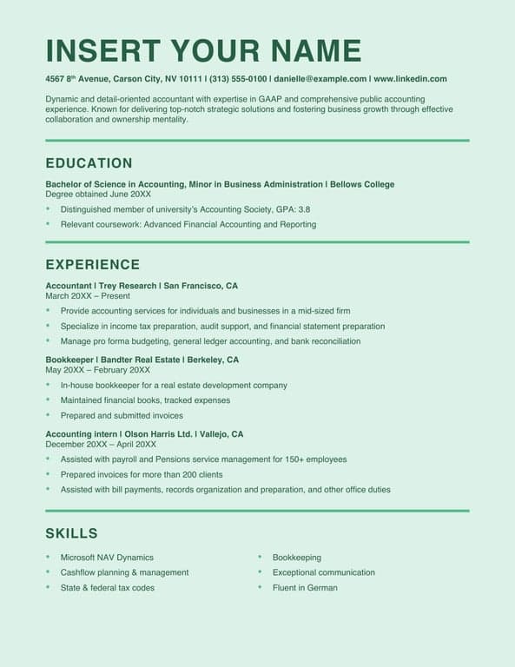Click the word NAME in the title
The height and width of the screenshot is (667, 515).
click(316, 50)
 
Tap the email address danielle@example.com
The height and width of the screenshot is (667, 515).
click(320, 78)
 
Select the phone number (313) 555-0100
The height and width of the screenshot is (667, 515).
click(239, 78)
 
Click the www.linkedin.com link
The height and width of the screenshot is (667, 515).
click(410, 78)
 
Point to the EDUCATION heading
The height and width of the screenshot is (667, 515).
click(89, 163)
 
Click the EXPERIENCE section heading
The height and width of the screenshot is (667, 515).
click(92, 265)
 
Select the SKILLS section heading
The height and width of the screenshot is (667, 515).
click(71, 533)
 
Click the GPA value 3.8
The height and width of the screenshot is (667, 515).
click(304, 209)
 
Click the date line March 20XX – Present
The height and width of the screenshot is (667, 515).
click(88, 296)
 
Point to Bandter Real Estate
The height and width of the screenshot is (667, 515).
click(145, 360)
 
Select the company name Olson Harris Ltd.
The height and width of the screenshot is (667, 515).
click(158, 434)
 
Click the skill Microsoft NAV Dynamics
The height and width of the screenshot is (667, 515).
click(107, 558)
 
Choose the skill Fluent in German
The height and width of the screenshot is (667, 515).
click(305, 588)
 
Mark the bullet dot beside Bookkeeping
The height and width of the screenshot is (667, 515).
click(261, 558)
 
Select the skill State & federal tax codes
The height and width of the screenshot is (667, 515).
click(108, 588)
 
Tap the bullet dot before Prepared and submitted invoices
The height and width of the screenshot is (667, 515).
click(49, 416)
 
